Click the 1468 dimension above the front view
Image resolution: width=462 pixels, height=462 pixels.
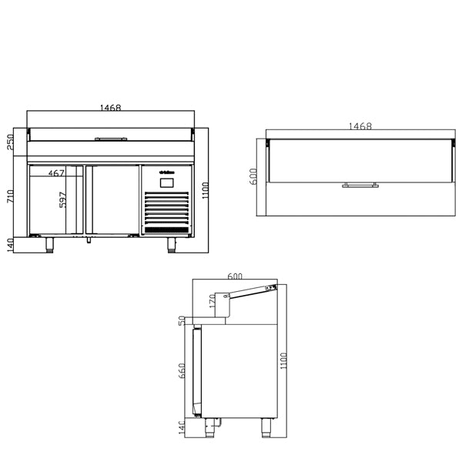pos(111,109)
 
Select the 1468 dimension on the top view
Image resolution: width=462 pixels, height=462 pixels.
pos(360,126)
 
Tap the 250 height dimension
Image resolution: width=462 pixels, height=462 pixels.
pos(10,144)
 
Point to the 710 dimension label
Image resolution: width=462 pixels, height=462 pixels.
pos(10,196)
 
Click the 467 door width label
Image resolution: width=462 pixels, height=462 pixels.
pos(56,174)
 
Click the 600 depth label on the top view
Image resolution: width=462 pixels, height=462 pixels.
pos(253,176)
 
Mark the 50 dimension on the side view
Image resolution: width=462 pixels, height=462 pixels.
pos(182,320)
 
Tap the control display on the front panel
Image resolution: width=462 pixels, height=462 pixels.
pos(167,183)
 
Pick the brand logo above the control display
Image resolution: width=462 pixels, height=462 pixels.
pos(167,172)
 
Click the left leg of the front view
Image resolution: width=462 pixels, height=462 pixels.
pos(51,245)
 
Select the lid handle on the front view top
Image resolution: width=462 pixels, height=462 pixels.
pos(111,139)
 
